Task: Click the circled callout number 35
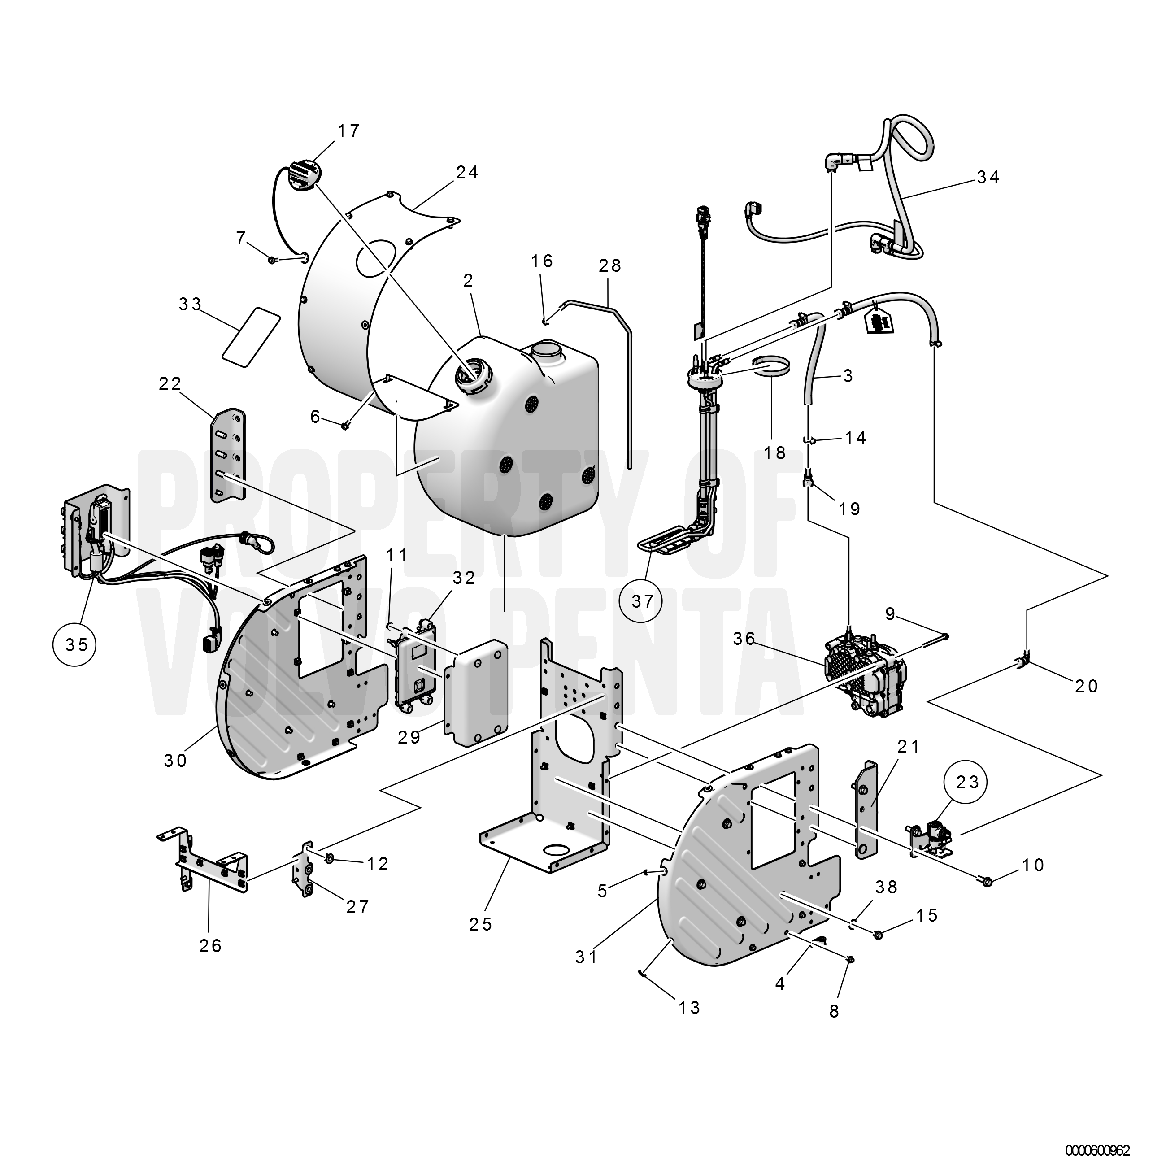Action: point(77,644)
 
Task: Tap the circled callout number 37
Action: point(643,601)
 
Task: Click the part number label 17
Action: point(349,131)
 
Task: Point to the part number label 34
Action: point(988,178)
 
